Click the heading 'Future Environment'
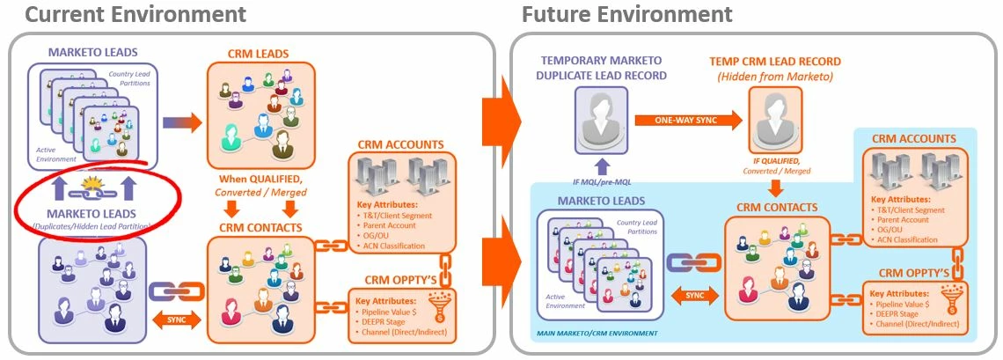click(626, 14)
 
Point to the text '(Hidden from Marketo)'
click(772, 77)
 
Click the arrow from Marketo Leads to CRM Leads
click(181, 121)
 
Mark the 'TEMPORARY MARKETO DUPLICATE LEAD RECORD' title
click(604, 69)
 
